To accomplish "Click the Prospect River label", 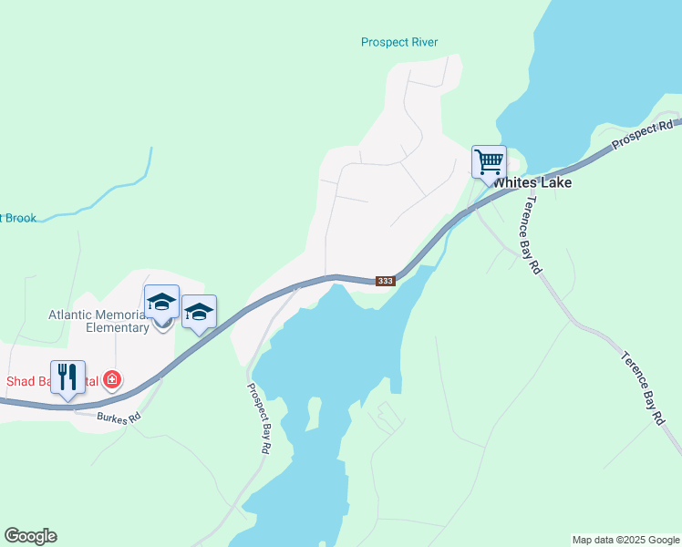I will [x=399, y=42].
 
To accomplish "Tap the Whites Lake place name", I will [x=532, y=182].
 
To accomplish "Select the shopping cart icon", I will [x=489, y=162].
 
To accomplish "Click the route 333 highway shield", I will [x=386, y=281].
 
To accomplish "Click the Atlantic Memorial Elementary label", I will [x=98, y=321].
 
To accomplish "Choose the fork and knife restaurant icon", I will [x=67, y=377].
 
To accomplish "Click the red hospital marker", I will [x=112, y=379].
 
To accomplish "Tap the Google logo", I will [x=30, y=536].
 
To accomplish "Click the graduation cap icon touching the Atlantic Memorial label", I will [x=161, y=302].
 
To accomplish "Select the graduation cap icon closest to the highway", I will [x=199, y=313].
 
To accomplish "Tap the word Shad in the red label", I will [x=20, y=380].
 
